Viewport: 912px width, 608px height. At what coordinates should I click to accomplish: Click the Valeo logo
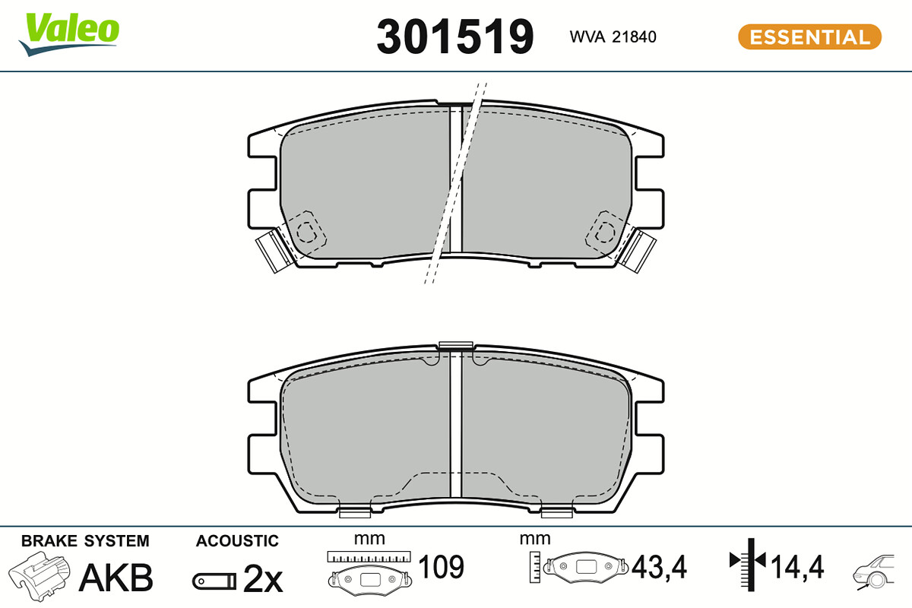click(69, 34)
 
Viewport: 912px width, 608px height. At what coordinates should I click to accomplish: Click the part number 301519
click(454, 36)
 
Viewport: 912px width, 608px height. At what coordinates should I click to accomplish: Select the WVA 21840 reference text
click(613, 37)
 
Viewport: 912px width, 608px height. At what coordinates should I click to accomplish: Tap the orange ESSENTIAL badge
click(809, 37)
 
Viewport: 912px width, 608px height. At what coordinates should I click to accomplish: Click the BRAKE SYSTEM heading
click(85, 541)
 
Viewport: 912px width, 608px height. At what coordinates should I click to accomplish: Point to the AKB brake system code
click(116, 578)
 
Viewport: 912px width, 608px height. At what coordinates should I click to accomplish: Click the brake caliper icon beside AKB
click(40, 576)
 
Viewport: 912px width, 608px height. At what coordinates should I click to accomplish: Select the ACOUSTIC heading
click(237, 541)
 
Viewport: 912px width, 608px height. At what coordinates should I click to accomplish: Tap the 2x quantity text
click(263, 578)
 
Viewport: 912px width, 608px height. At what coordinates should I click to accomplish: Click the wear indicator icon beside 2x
click(214, 581)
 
